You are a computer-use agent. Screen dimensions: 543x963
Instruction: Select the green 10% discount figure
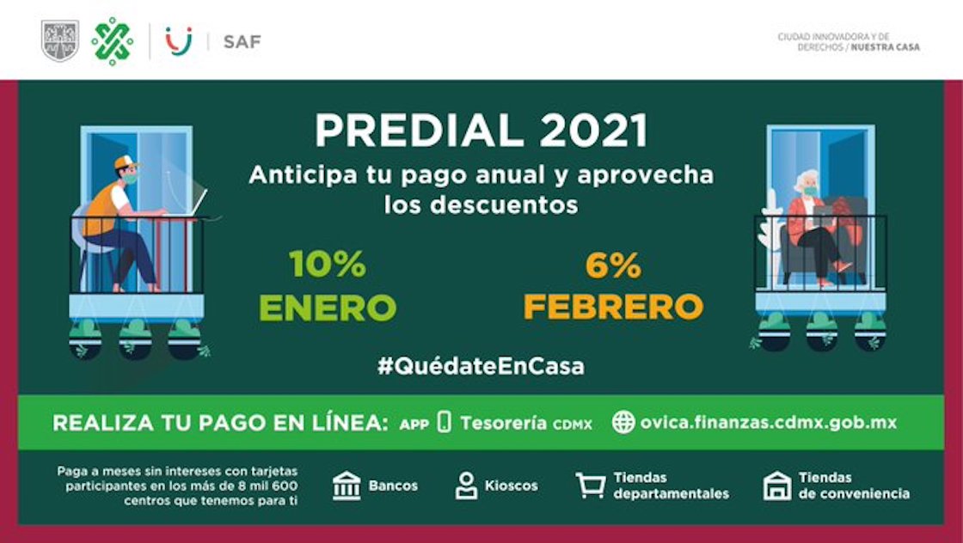[x=328, y=265]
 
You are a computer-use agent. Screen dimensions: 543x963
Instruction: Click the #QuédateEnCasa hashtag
[x=481, y=366]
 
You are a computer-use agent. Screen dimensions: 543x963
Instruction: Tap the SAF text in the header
[x=242, y=41]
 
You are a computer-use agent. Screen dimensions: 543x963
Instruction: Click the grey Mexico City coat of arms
[x=59, y=41]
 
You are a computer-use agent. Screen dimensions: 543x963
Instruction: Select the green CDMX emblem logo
[x=113, y=41]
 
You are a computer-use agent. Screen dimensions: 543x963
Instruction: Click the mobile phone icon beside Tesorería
[x=444, y=422]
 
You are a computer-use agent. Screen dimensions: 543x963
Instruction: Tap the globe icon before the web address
[x=623, y=422]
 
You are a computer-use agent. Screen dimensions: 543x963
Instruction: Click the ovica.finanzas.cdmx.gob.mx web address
[x=768, y=422]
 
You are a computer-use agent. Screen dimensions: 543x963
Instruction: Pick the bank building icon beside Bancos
[x=347, y=485]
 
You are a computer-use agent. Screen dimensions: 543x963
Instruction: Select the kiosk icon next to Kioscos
[x=466, y=485]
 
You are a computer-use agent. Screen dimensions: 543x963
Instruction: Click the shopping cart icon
[x=590, y=485]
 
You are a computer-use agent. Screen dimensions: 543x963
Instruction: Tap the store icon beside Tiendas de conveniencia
[x=776, y=485]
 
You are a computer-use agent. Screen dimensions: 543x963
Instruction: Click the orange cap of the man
[x=126, y=162]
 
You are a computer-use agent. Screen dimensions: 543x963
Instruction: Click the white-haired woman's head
[x=806, y=182]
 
